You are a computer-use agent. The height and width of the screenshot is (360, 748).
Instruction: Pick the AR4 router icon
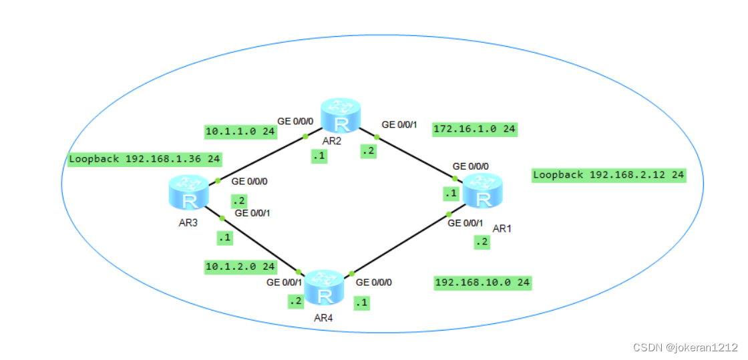pyautogui.click(x=324, y=287)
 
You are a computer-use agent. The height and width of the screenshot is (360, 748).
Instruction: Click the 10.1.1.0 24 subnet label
pyautogui.click(x=240, y=132)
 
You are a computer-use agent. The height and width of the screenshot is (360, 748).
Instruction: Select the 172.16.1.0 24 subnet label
pyautogui.click(x=474, y=129)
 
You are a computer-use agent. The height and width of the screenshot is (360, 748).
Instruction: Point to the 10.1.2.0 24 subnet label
pyautogui.click(x=240, y=266)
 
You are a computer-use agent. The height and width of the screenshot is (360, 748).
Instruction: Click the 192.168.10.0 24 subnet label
pyautogui.click(x=482, y=283)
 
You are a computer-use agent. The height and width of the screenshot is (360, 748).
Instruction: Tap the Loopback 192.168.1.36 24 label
pyautogui.click(x=145, y=160)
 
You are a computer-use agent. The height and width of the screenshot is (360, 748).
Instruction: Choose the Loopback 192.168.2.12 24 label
pyautogui.click(x=608, y=175)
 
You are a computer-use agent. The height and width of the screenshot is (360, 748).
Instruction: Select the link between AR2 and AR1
pyautogui.click(x=414, y=158)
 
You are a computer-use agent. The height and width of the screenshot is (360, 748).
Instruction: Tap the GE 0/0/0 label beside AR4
pyautogui.click(x=374, y=283)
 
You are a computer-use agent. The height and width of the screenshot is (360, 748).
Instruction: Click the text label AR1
pyautogui.click(x=502, y=228)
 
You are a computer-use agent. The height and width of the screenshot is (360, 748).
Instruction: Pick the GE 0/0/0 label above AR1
pyautogui.click(x=471, y=166)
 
